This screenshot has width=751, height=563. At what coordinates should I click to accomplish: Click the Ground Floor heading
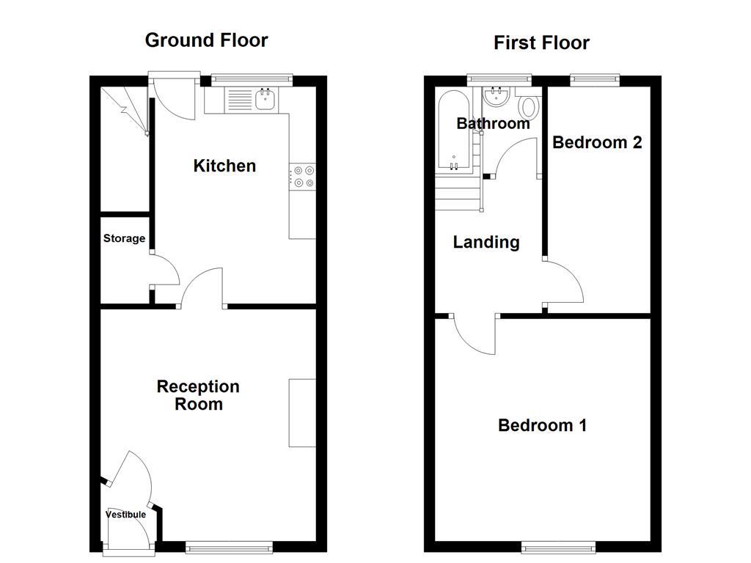click(206, 40)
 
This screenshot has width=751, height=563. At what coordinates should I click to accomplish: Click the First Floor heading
click(541, 43)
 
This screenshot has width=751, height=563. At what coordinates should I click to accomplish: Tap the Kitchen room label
click(224, 166)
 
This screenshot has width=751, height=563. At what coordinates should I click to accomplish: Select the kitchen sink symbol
click(265, 98)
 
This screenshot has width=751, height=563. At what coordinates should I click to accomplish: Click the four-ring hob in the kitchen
click(304, 177)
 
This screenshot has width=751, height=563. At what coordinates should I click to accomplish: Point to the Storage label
click(124, 238)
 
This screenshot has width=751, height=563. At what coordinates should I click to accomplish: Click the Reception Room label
click(198, 395)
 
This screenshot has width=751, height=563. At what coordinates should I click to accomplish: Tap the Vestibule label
click(125, 515)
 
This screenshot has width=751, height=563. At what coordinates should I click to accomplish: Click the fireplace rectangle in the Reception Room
click(301, 412)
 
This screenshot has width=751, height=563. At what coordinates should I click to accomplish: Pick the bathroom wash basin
click(498, 96)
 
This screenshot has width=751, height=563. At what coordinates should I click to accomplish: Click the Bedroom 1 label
click(542, 425)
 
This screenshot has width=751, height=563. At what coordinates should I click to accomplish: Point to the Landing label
click(486, 242)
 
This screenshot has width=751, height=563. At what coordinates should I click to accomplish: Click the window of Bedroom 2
click(595, 80)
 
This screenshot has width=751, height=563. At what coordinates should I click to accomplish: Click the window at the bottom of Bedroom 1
click(558, 546)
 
